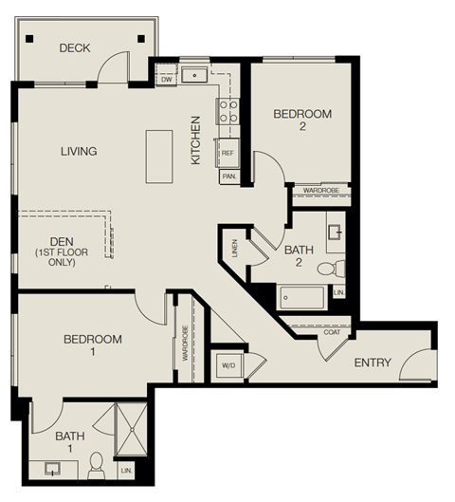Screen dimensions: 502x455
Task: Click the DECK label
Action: coord(74,47)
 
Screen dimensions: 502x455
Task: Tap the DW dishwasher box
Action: coord(166,80)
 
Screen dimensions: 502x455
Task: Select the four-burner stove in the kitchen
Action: coord(228,113)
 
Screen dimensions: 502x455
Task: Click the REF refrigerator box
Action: coord(228,152)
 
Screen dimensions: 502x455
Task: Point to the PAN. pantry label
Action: coord(228,176)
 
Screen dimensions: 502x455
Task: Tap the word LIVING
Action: coord(79,151)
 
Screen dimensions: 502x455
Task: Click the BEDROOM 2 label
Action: coord(302,121)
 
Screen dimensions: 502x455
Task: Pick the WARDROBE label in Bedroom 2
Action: coord(320,191)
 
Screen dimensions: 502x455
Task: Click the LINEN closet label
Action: coord(233,249)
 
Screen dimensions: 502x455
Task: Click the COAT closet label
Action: coord(330,331)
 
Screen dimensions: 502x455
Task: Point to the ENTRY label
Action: coord(373,363)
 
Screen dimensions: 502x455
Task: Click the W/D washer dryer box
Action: coord(228,365)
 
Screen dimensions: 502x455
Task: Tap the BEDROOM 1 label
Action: coord(93,345)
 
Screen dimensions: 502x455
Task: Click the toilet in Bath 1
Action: coord(95,464)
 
